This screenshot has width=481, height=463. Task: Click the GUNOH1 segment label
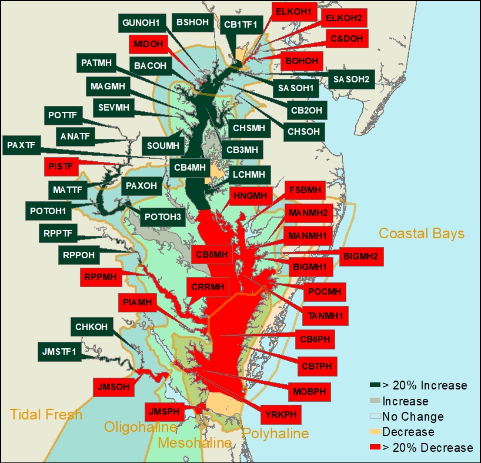pyautogui.click(x=141, y=24)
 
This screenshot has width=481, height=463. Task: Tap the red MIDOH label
pyautogui.click(x=148, y=44)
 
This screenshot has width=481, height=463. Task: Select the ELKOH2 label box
pyautogui.click(x=344, y=18)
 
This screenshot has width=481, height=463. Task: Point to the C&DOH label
pyautogui.click(x=346, y=39)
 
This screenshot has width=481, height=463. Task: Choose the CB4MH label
pyautogui.click(x=190, y=167)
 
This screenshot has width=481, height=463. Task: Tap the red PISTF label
pyautogui.click(x=61, y=166)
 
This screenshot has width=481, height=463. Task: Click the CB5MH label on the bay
pyautogui.click(x=212, y=255)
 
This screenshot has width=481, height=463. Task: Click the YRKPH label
pyautogui.click(x=280, y=414)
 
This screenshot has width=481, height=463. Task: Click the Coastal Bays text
pyautogui.click(x=422, y=234)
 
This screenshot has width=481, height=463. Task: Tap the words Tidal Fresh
pyautogui.click(x=46, y=415)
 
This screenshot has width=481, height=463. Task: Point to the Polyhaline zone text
pyautogui.click(x=276, y=434)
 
